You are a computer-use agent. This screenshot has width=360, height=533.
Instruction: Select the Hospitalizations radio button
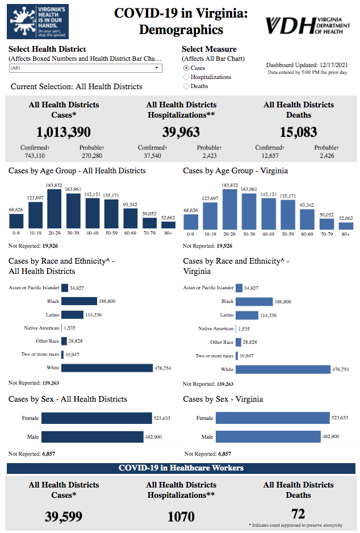(186, 77)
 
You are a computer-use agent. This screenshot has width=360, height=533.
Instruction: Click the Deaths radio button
(186, 86)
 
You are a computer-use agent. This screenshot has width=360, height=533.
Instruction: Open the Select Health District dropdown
(85, 68)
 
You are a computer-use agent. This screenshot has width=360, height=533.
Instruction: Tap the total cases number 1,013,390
(64, 132)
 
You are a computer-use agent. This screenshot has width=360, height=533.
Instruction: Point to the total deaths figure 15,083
(299, 132)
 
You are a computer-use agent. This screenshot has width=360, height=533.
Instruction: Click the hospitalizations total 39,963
(181, 132)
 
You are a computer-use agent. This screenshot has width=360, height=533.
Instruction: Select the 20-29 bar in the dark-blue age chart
(55, 209)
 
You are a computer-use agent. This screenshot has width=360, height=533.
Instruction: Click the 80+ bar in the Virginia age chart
(346, 226)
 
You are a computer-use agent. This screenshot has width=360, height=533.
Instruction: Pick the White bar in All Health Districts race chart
(107, 368)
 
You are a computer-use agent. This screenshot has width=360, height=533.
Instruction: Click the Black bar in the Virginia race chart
(254, 301)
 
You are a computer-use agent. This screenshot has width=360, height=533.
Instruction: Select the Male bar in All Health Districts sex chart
(92, 436)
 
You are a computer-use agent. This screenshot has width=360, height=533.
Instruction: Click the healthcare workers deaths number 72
(298, 514)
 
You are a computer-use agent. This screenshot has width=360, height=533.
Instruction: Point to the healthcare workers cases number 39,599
(64, 517)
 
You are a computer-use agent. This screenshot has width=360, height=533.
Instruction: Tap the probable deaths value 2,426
(326, 156)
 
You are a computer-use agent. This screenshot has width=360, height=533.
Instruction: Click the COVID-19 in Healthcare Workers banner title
(181, 468)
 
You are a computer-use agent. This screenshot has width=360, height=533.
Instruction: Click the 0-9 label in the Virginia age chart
(191, 233)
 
